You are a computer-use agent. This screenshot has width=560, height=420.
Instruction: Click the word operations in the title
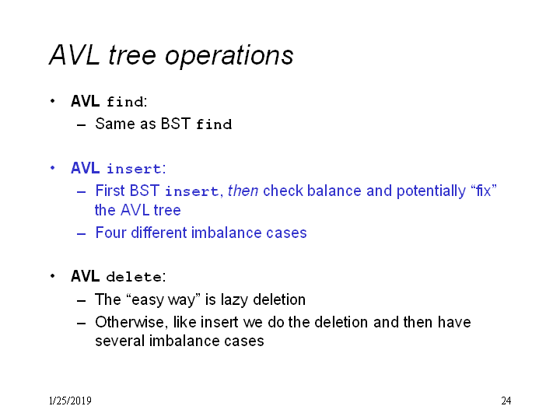point(229,56)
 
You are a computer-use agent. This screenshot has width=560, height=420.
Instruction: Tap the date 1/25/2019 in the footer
point(70,401)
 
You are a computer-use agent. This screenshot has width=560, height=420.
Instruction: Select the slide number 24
point(506,401)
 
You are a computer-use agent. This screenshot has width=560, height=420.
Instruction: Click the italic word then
point(243,191)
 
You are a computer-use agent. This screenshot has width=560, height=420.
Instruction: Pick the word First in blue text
point(110,191)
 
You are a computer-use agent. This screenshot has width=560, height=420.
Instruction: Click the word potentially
point(431,191)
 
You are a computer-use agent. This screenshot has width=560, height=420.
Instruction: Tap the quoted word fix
point(484,191)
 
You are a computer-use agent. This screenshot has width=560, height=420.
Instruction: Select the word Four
point(110,233)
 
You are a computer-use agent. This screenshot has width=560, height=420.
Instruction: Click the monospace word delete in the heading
point(135,277)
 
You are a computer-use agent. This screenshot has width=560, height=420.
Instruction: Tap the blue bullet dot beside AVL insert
point(53,168)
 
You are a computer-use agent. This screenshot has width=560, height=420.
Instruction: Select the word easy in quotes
point(148,300)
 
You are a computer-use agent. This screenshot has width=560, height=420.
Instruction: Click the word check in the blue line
point(283,191)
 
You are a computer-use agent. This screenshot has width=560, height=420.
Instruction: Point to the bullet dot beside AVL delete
point(53,276)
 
